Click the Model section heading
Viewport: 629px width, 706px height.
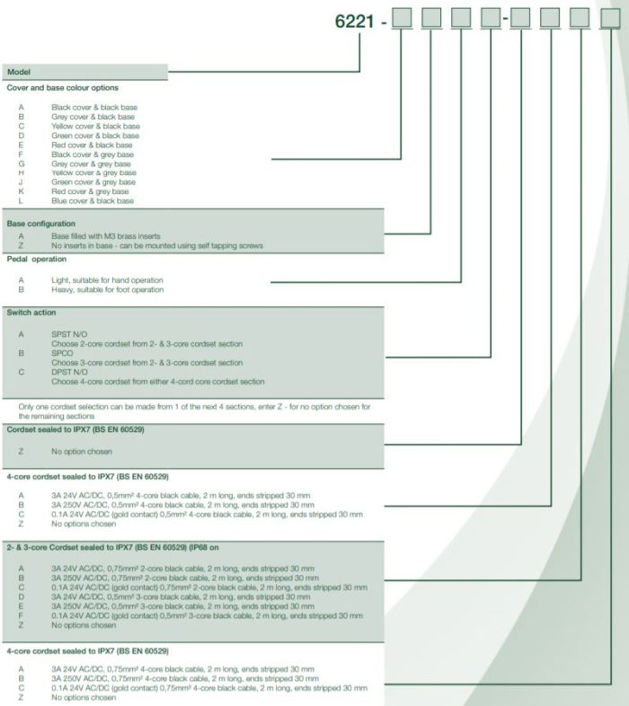[x=19, y=70]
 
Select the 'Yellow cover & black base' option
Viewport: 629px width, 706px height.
[x=95, y=126]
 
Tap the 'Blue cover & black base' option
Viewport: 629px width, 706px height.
[x=93, y=200]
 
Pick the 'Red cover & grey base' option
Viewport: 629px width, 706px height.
[x=90, y=191]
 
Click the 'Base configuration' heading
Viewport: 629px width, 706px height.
[x=41, y=224]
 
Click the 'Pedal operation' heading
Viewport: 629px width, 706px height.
[x=36, y=259]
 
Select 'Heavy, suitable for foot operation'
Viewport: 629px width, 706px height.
[x=107, y=289]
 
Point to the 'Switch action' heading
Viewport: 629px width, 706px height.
[x=31, y=312]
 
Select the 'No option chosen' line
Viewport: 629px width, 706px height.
[x=82, y=451]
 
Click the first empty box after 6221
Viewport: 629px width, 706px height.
[x=403, y=19]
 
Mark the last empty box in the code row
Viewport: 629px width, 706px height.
[x=611, y=19]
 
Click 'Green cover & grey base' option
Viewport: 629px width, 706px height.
[x=93, y=182]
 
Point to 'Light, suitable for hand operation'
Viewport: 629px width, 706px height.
[x=107, y=280]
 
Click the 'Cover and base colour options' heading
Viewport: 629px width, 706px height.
[x=62, y=88]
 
